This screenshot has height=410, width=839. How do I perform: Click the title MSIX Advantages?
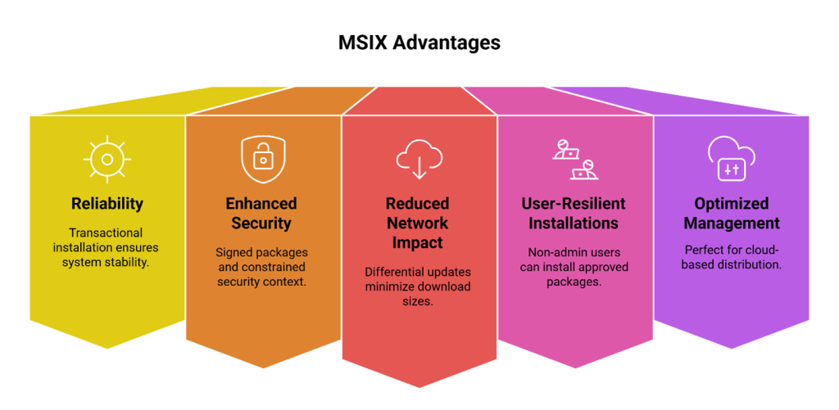pyautogui.click(x=419, y=43)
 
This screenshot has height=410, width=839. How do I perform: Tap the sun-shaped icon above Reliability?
pyautogui.click(x=107, y=157)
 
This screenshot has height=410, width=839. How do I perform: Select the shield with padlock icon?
pyautogui.click(x=262, y=158)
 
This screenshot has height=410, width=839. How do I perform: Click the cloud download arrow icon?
pyautogui.click(x=419, y=158)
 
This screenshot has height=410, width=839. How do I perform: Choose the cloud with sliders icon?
pyautogui.click(x=731, y=158)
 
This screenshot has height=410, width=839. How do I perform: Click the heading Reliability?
pyautogui.click(x=107, y=204)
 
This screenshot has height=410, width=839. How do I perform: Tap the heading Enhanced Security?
pyautogui.click(x=262, y=213)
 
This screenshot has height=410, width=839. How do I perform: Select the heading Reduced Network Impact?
pyautogui.click(x=419, y=223)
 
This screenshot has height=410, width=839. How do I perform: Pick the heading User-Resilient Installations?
pyautogui.click(x=574, y=213)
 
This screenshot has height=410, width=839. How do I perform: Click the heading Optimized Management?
pyautogui.click(x=731, y=213)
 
